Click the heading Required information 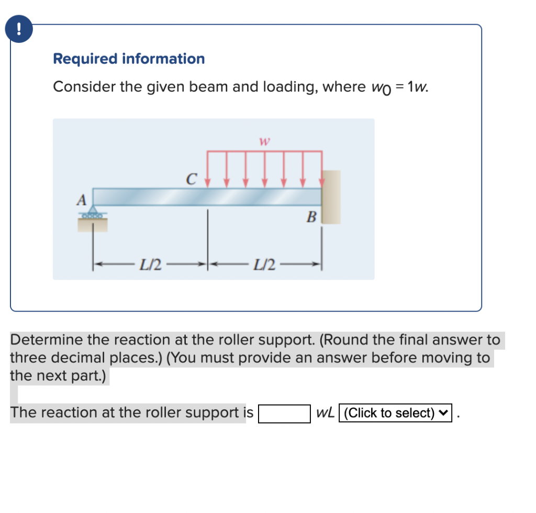tap(129, 59)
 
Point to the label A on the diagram tap(81, 200)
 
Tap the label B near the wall tap(311, 216)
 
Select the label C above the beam tap(191, 180)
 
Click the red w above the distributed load tap(264, 141)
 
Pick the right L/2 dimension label tap(264, 265)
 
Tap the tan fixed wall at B tap(331, 197)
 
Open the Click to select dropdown tap(395, 413)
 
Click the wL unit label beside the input tap(325, 413)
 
